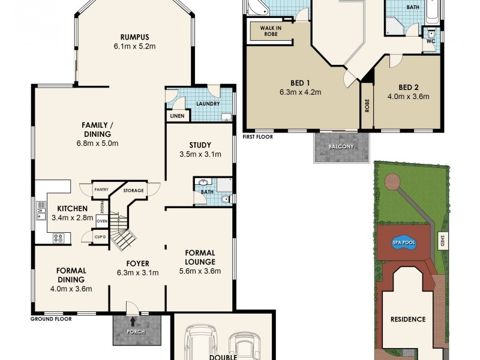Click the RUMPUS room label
click(x=134, y=35)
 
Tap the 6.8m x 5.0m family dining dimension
click(x=98, y=143)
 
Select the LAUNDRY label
click(x=207, y=104)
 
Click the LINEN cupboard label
click(x=177, y=116)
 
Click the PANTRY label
click(x=101, y=190)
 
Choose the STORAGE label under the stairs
click(x=133, y=191)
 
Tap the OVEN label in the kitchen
click(x=102, y=221)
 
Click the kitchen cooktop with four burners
click(x=59, y=238)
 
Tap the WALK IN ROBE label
click(x=272, y=31)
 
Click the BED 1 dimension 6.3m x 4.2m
click(x=301, y=92)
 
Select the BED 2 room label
click(x=409, y=85)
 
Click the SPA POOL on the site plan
click(x=404, y=242)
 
